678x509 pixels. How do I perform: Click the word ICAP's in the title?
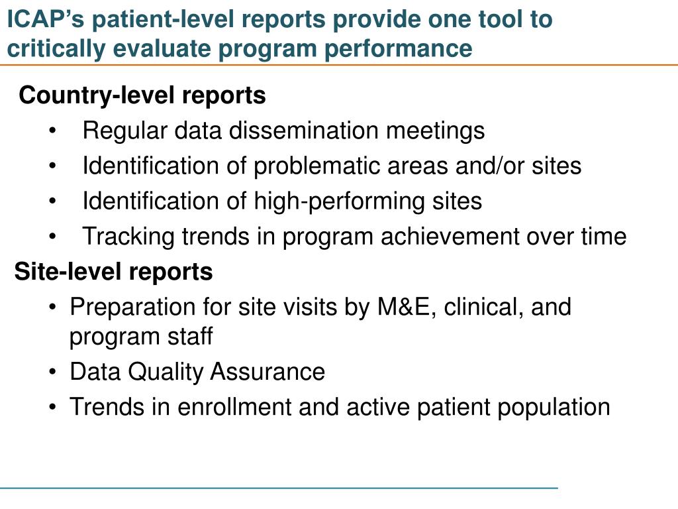pos(47,20)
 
